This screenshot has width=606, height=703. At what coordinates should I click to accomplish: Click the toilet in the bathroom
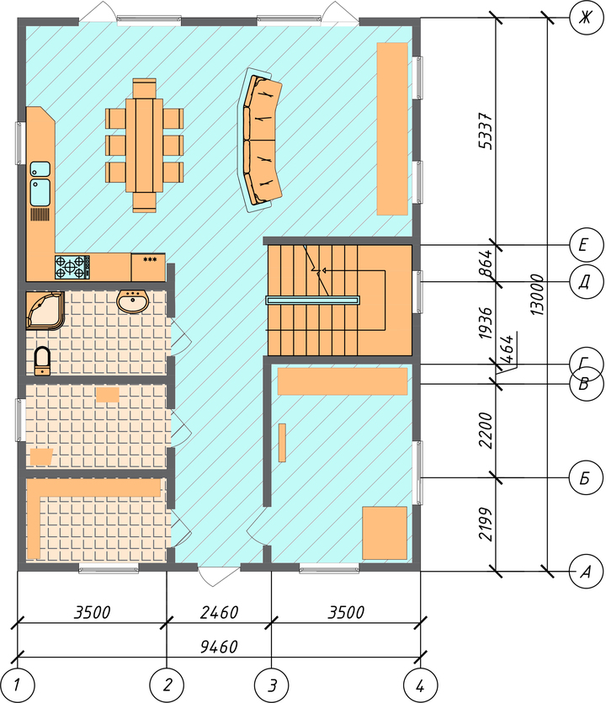pyautogui.click(x=43, y=360)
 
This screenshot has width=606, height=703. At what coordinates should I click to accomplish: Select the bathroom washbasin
pyautogui.click(x=132, y=301)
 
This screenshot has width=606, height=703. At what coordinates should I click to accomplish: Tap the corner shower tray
pyautogui.click(x=45, y=311)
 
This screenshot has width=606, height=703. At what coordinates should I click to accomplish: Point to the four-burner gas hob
pyautogui.click(x=72, y=267)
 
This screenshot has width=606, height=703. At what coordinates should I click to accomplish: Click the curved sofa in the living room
pyautogui.click(x=260, y=140)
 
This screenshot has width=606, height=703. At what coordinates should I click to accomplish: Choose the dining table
pyautogui.click(x=144, y=146)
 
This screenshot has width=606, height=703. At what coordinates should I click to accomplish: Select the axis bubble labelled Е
pyautogui.click(x=585, y=245)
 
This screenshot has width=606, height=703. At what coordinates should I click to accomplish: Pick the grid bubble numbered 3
pyautogui.click(x=272, y=685)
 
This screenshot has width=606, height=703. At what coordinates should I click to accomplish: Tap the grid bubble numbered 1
pyautogui.click(x=17, y=685)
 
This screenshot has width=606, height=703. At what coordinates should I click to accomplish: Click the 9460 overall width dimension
pyautogui.click(x=219, y=647)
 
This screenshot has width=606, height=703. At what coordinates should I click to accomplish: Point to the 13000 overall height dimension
pyautogui.click(x=536, y=295)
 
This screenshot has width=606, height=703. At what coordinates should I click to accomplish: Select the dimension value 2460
pyautogui.click(x=219, y=612)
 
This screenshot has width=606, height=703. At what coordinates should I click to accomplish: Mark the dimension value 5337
pyautogui.click(x=486, y=131)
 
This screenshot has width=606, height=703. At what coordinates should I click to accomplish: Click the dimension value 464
pyautogui.click(x=508, y=349)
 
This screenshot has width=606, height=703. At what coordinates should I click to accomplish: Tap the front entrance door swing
pyautogui.click(x=218, y=577)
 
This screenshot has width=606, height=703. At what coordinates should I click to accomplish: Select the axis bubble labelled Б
pyautogui.click(x=585, y=478)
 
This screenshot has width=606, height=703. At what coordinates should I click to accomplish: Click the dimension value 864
pyautogui.click(x=486, y=264)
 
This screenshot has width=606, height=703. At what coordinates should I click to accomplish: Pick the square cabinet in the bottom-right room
pyautogui.click(x=385, y=533)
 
